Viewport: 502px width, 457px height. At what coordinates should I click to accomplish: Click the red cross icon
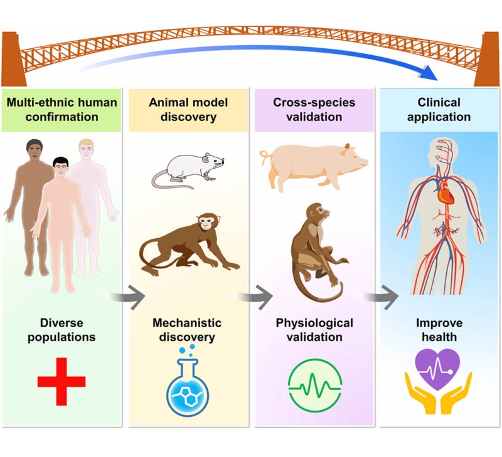point(61,381)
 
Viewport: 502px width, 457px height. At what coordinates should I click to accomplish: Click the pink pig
point(314,164)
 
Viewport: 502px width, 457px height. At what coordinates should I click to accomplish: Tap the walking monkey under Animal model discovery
point(186,241)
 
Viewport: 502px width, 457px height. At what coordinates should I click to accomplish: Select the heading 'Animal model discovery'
point(188,109)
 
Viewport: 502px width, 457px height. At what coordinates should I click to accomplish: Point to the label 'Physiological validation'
point(314,330)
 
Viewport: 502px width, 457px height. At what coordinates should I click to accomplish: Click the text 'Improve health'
point(439,330)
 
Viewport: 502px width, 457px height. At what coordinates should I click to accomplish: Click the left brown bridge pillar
point(13,60)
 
